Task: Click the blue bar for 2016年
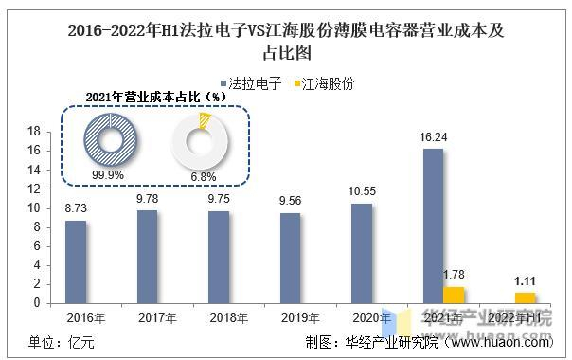point(76,262)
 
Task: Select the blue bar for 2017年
point(147,257)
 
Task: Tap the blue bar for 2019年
point(291,258)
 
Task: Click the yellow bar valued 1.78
point(454,295)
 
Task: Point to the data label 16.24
point(432,138)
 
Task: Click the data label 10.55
point(361,192)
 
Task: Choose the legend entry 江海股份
point(325,83)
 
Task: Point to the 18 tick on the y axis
point(34,131)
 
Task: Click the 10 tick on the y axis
point(34,207)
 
